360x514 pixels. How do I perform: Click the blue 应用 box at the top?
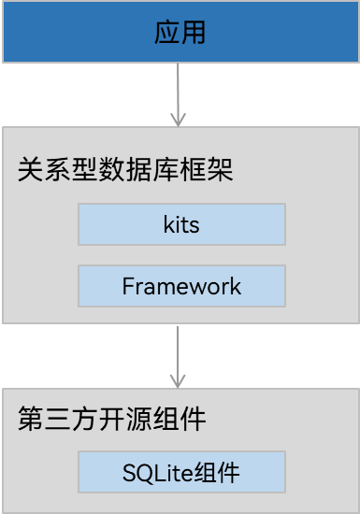tap(180, 32)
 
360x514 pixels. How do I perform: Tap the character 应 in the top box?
tap(166, 33)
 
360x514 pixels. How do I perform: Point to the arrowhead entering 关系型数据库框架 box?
tap(179, 119)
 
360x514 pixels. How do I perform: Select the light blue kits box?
tap(180, 225)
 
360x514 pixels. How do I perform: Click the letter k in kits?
tap(167, 225)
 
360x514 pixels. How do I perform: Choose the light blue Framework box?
tap(180, 286)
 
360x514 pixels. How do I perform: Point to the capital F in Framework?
tap(128, 286)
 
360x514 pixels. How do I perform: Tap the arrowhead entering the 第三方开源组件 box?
tap(179, 381)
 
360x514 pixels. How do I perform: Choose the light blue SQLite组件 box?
tap(180, 473)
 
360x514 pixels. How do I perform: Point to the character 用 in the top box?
tap(193, 33)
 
